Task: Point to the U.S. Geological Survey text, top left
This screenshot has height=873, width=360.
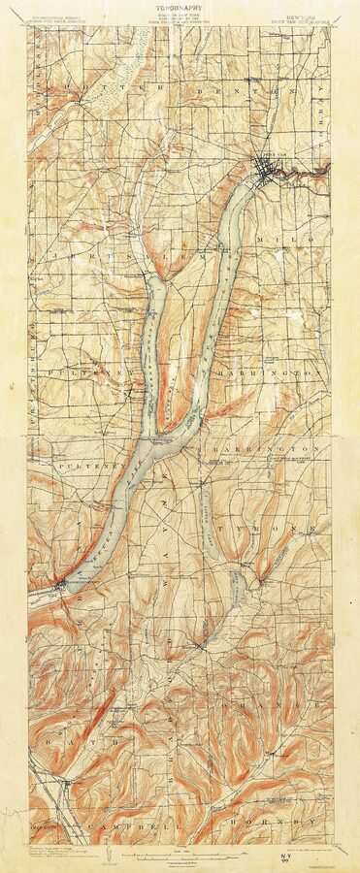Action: click(57, 16)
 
